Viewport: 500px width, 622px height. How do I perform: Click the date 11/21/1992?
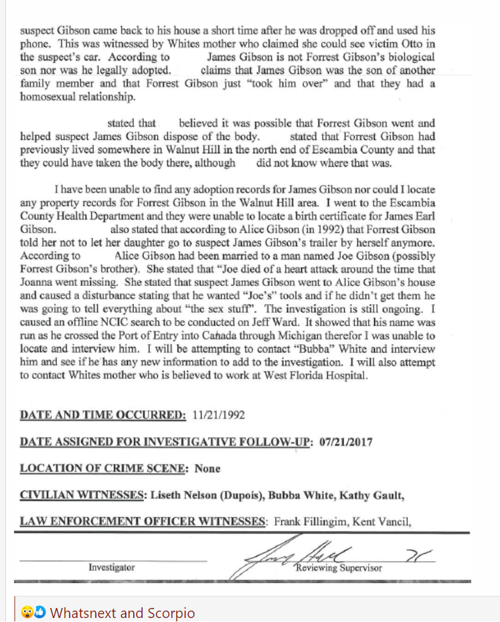[218, 415]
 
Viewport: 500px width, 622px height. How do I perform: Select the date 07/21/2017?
[345, 442]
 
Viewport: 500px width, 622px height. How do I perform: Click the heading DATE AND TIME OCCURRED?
[103, 415]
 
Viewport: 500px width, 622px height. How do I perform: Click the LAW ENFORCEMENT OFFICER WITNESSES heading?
[143, 521]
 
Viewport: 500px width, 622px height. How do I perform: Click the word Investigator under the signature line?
[112, 567]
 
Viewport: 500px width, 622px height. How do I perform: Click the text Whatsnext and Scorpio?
[122, 613]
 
